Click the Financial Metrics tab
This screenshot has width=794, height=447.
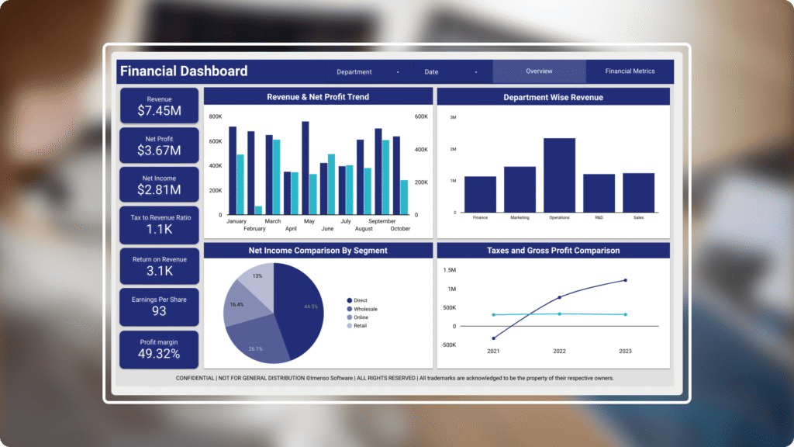[630, 71]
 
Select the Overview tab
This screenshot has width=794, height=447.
[539, 71]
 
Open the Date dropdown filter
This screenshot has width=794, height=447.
[451, 72]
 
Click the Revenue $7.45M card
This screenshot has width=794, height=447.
[159, 106]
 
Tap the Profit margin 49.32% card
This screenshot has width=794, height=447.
[159, 350]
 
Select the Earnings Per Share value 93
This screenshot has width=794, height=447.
[159, 311]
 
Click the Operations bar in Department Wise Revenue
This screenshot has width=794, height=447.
[559, 175]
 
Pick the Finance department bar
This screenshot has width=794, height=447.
[480, 194]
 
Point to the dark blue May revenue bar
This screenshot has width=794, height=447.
[306, 168]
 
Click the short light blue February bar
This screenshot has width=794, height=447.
[258, 210]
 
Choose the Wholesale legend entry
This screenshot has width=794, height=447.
[365, 309]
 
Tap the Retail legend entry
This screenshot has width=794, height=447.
[361, 326]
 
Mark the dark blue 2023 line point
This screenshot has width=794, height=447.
[625, 280]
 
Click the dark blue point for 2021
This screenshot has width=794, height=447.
[494, 338]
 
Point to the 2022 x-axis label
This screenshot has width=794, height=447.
[559, 352]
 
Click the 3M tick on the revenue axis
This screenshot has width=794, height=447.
[453, 117]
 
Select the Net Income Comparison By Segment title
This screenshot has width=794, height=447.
[318, 251]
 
